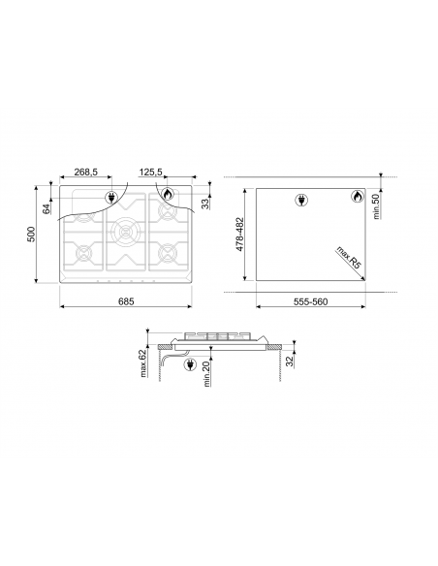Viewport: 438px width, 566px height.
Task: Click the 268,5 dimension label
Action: [x=85, y=172]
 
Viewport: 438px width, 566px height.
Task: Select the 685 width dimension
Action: [x=126, y=301]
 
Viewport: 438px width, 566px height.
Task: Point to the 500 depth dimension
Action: [x=32, y=236]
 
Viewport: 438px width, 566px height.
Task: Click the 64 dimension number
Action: [x=46, y=205]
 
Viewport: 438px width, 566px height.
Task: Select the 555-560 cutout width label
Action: [x=312, y=301]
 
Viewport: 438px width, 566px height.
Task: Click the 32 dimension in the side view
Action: [x=291, y=361]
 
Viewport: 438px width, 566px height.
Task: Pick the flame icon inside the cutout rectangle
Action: [x=356, y=199]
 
